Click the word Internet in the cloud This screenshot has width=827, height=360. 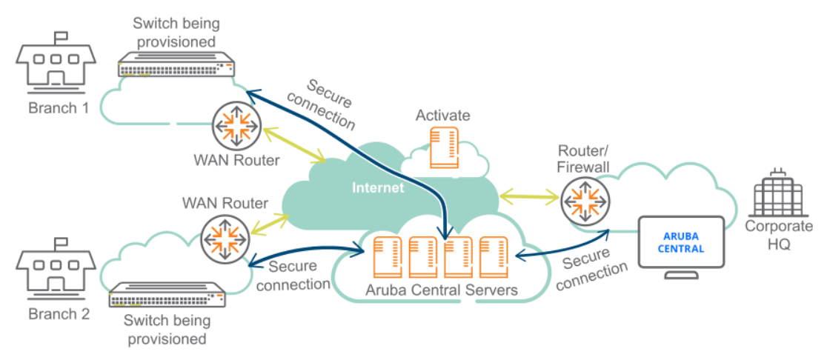(x=378, y=188)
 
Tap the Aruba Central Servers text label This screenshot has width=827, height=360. (x=442, y=290)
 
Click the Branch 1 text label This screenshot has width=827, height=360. (x=59, y=108)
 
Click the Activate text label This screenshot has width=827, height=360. (x=442, y=115)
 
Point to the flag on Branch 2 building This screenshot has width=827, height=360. (x=59, y=242)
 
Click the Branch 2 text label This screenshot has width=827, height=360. (x=59, y=314)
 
